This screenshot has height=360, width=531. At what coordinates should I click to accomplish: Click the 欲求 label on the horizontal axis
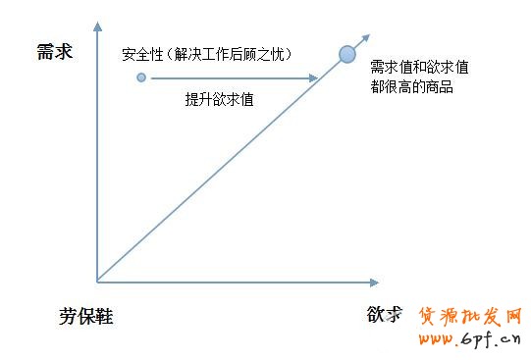coord(385,315)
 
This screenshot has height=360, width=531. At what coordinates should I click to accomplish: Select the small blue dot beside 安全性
coord(141,77)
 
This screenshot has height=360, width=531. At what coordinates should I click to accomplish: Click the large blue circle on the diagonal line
coord(346,54)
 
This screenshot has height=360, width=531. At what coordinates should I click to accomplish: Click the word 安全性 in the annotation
coord(142,53)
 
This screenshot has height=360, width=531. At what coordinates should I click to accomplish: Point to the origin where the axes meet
coord(97,283)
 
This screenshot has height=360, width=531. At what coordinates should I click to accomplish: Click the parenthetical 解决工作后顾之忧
coord(234,53)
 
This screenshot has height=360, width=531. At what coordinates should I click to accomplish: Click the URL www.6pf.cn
coord(470,339)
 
